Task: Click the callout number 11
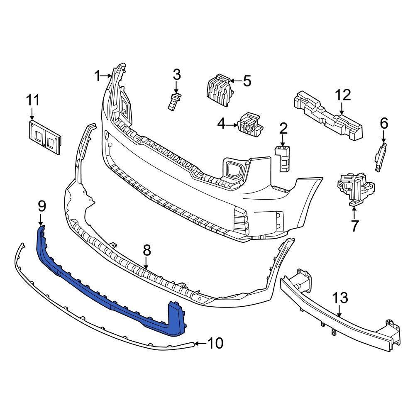click(33, 100)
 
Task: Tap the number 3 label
click(177, 75)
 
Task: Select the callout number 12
click(343, 95)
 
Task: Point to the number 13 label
click(340, 298)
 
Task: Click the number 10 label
click(215, 343)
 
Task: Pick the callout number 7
click(354, 225)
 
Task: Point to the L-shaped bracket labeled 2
click(282, 158)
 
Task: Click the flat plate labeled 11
click(44, 137)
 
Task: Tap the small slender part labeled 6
click(380, 157)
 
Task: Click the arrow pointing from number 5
click(235, 81)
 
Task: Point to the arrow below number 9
click(41, 220)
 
